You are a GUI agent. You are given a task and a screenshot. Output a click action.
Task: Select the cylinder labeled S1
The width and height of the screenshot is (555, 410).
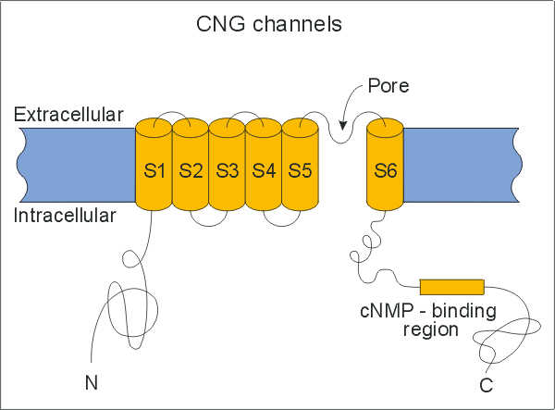pos(154,169)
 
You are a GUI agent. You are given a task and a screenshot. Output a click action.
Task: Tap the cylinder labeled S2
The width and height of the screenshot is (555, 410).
pos(191,169)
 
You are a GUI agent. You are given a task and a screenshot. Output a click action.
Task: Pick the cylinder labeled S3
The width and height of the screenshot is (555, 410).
pos(227,169)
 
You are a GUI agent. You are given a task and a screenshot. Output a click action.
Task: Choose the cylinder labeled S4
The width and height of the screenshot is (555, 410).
pos(264,169)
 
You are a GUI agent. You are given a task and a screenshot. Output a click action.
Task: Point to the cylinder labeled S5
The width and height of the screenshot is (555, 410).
pos(299,169)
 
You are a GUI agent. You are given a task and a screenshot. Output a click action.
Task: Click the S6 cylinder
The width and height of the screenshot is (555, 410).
pos(385,169)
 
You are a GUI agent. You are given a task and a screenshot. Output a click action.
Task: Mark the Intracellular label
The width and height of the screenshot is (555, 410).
pos(65,216)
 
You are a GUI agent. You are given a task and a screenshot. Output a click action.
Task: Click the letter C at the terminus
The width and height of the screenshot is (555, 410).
pos(485,381)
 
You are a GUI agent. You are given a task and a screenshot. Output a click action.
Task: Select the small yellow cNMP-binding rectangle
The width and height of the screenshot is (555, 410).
pos(451,286)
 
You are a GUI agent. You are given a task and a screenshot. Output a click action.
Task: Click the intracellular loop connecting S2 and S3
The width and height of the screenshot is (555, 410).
pos(209,220)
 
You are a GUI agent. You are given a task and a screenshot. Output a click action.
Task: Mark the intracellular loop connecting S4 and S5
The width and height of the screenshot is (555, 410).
pos(281,220)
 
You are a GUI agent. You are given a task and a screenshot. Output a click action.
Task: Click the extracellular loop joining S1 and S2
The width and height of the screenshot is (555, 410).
pos(172,117)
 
